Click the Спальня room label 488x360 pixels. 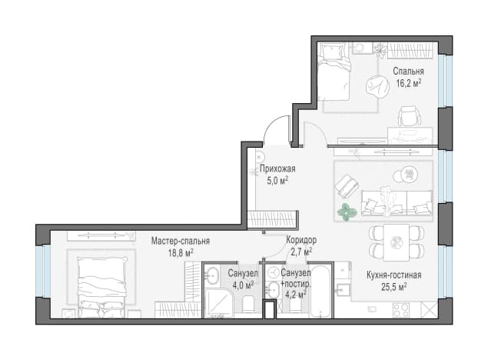click(408, 72)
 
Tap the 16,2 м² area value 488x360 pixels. click(409, 83)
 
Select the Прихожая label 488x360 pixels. click(277, 169)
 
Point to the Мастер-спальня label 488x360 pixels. click(181, 241)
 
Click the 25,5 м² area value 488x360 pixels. click(394, 287)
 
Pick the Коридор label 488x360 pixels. click(301, 240)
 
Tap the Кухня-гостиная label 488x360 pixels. click(394, 275)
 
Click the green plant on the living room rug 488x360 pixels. click(347, 212)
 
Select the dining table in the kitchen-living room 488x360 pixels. click(397, 242)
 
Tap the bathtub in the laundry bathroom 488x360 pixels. click(321, 291)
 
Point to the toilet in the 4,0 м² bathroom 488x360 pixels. click(248, 304)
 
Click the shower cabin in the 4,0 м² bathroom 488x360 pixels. click(218, 304)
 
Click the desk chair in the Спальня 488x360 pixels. click(410, 116)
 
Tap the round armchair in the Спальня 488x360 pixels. click(378, 87)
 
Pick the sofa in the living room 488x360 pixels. click(397, 203)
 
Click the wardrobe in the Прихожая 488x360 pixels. click(271, 219)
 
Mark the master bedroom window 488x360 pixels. click(43, 271)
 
